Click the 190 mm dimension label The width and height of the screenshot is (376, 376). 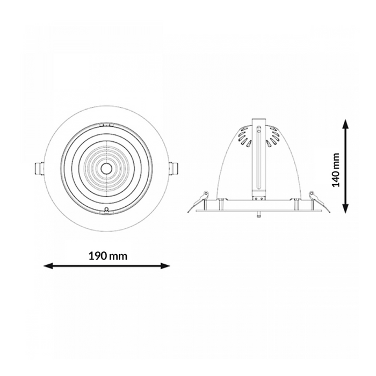pos(108,256)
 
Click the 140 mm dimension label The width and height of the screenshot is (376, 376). pos(336,170)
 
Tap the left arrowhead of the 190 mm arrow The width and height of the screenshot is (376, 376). pos(48,266)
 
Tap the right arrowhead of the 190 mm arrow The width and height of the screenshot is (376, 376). pos(165,266)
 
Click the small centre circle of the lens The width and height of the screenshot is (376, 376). pos(105,169)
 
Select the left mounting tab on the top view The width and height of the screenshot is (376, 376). pos(39,169)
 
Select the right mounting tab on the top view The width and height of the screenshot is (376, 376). pos(173,169)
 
